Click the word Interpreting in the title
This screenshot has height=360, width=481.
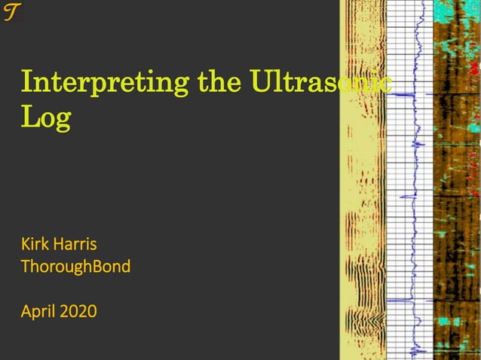(x=106, y=82)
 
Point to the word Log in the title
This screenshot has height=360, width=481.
(x=47, y=118)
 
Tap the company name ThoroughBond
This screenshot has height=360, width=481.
(x=75, y=266)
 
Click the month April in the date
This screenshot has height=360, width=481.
(x=38, y=310)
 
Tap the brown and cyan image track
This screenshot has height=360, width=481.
(x=457, y=181)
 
